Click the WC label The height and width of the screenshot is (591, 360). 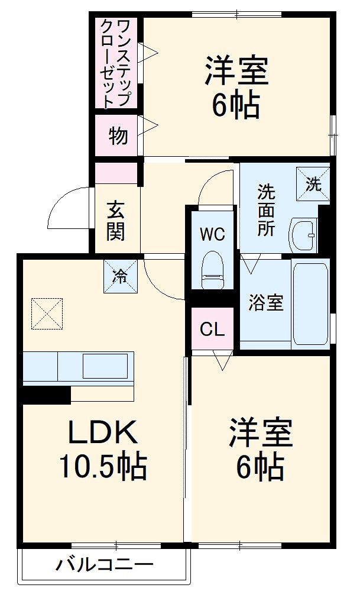[212, 234]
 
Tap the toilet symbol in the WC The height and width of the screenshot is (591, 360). [212, 270]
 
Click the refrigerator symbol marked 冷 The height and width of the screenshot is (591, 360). [119, 276]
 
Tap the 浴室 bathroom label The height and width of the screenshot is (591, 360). [265, 303]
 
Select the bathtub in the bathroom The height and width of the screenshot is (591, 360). [310, 302]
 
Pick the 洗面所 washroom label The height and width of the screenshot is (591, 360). [266, 211]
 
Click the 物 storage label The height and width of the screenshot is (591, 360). [118, 135]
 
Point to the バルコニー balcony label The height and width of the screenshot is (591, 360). [105, 564]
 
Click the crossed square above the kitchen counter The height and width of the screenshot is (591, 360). [46, 312]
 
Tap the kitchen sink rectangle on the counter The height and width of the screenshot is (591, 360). [105, 366]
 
